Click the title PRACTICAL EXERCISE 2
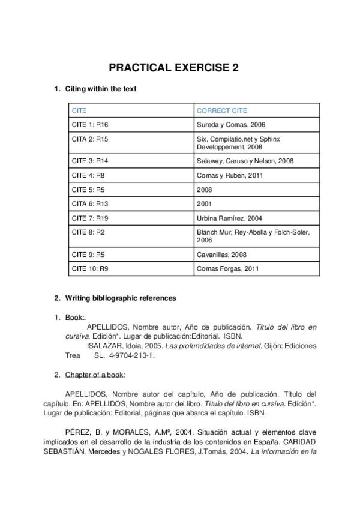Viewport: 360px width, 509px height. coord(173,68)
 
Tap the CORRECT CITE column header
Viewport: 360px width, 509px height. coord(222,110)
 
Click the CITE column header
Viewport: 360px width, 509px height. coord(79,110)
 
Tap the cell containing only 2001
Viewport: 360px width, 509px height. coord(204,204)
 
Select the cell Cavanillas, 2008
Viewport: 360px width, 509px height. coord(221,254)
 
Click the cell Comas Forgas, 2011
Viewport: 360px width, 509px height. coord(227,268)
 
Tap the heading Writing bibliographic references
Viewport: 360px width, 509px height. coord(121,298)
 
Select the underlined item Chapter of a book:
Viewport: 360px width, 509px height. coord(95,375)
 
